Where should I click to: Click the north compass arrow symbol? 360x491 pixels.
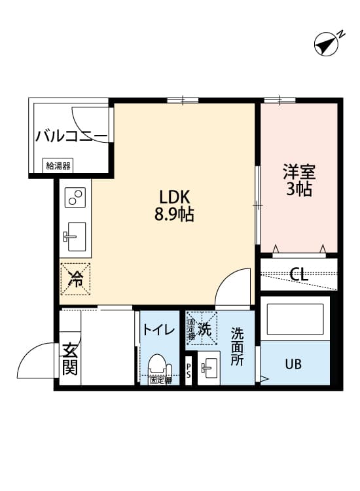click(x=327, y=44)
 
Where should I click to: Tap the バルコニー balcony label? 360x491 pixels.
click(x=71, y=136)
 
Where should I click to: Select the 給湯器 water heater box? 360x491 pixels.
click(x=58, y=166)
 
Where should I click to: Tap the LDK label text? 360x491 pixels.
click(x=175, y=196)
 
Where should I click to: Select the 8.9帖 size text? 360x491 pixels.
click(x=175, y=214)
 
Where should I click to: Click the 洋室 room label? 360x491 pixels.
click(x=299, y=172)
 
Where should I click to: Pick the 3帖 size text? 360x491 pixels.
click(x=299, y=190)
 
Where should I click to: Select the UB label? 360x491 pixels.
click(x=293, y=364)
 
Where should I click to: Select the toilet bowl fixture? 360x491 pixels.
click(x=157, y=365)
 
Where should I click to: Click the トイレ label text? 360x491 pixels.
click(x=158, y=330)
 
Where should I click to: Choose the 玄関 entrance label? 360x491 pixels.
click(x=70, y=359)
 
